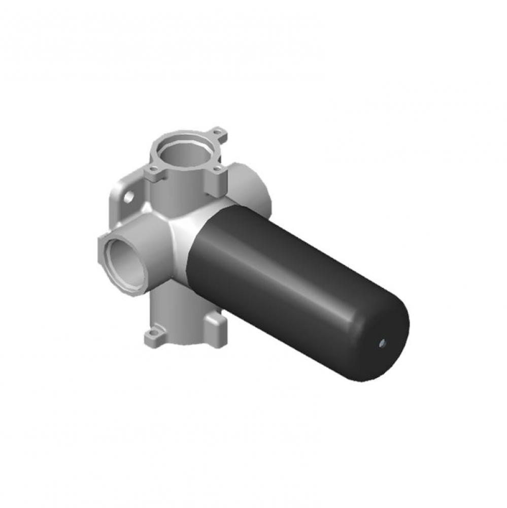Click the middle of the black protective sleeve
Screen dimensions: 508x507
[x=294, y=284]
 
